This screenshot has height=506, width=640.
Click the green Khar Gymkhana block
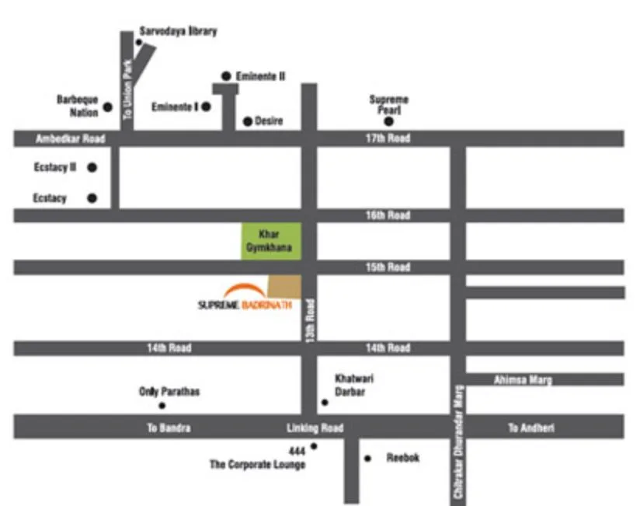271,241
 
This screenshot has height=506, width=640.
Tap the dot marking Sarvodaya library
139,42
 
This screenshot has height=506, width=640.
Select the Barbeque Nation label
78,106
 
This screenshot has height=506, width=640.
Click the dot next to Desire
248,121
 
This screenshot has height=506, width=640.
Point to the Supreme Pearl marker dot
388,121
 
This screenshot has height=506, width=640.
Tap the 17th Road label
388,138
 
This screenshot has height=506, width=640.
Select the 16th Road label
388,215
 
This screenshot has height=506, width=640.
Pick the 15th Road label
388,267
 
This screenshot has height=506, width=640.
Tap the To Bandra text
169,427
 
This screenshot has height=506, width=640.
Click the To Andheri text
531,427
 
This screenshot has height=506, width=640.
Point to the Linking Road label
315,427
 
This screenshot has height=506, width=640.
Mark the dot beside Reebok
367,458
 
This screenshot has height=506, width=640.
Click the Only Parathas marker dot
162,406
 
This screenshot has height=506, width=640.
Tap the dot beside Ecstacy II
92,167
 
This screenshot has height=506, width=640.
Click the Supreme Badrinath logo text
245,305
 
